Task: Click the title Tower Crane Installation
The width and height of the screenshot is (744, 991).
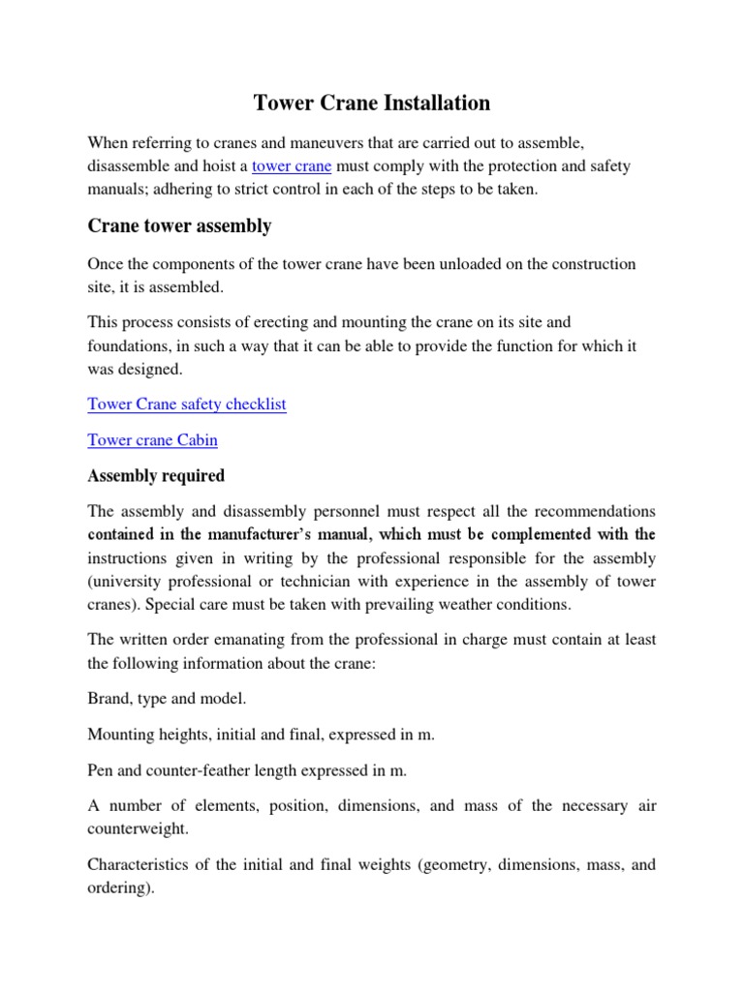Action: tap(371, 103)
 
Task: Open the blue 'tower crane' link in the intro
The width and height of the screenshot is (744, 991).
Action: tap(292, 165)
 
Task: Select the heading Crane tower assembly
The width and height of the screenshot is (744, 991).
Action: tap(179, 226)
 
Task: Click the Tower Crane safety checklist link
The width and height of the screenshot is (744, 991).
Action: tap(187, 404)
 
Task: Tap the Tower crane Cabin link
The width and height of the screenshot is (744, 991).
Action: tap(152, 439)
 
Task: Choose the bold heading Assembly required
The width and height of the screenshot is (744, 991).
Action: tap(156, 475)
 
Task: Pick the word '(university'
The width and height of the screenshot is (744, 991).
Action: tap(125, 582)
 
